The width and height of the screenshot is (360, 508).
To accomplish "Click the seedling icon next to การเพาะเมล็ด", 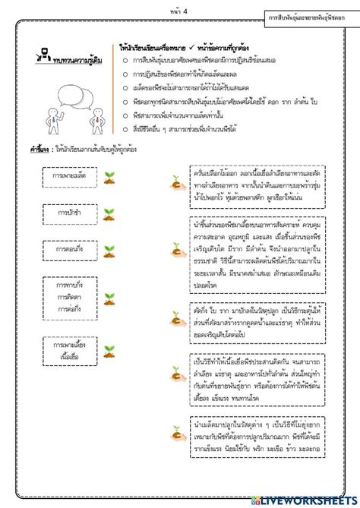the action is click(112, 177).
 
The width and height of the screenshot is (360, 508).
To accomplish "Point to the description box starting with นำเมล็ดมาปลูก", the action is click(259, 436).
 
